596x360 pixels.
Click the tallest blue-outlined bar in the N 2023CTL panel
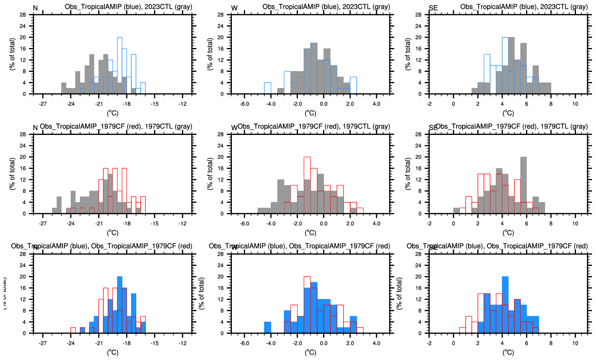pos(119,66)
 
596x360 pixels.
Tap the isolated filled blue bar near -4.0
pos(267,327)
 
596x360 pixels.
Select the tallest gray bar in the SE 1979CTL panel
pos(523,185)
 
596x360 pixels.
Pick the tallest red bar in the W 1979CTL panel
pos(307,185)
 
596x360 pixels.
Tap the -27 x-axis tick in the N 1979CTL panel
pos(43,223)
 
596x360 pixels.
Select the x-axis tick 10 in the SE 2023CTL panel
pos(575,104)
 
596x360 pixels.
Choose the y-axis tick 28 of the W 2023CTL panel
pos(221,15)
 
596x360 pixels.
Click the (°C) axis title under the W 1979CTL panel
pos(310,233)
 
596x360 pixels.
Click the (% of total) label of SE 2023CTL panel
pos(408,54)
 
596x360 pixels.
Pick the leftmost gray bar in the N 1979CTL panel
pos(54,211)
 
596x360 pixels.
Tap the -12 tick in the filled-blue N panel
pos(182,343)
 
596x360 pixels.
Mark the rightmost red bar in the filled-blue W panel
pos(360,330)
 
